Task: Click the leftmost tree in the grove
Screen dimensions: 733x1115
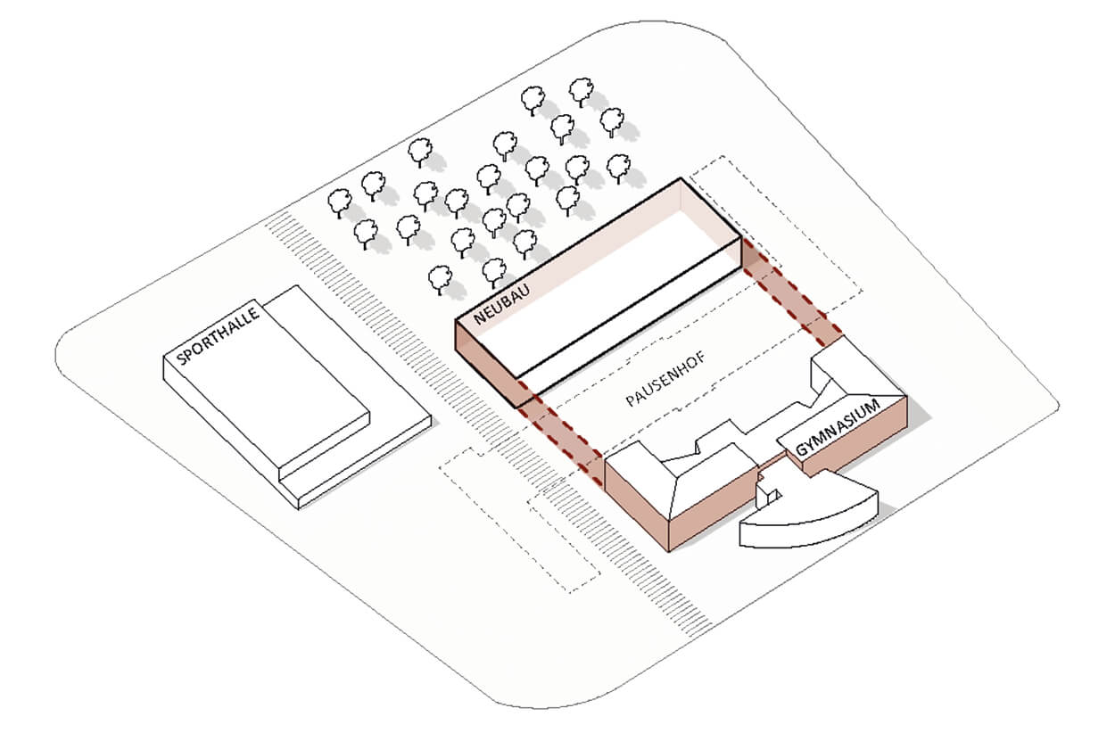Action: pos(339,202)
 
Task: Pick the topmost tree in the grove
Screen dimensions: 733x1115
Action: pos(582,90)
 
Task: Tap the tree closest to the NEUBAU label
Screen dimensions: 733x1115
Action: pos(442,279)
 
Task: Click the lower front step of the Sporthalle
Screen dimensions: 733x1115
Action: pos(357,464)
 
